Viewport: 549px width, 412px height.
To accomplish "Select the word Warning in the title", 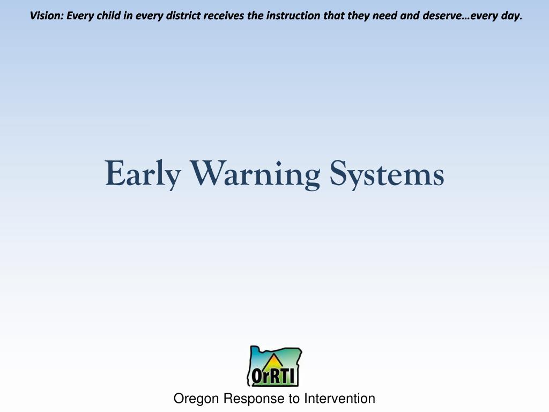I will pos(255,174).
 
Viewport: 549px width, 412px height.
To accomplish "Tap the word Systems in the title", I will pos(387,174).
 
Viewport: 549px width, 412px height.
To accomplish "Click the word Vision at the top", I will pos(46,16).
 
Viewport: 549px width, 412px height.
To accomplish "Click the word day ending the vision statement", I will pos(512,16).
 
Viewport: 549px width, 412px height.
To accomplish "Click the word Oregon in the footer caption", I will pos(197,399).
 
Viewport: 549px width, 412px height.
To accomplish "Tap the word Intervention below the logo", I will pos(339,399).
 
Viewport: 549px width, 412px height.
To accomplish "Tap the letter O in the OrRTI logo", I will pos(256,376).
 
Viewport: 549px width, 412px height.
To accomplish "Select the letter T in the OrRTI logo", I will pos(285,376).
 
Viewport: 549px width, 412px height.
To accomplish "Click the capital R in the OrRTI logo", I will pos(273,376).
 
